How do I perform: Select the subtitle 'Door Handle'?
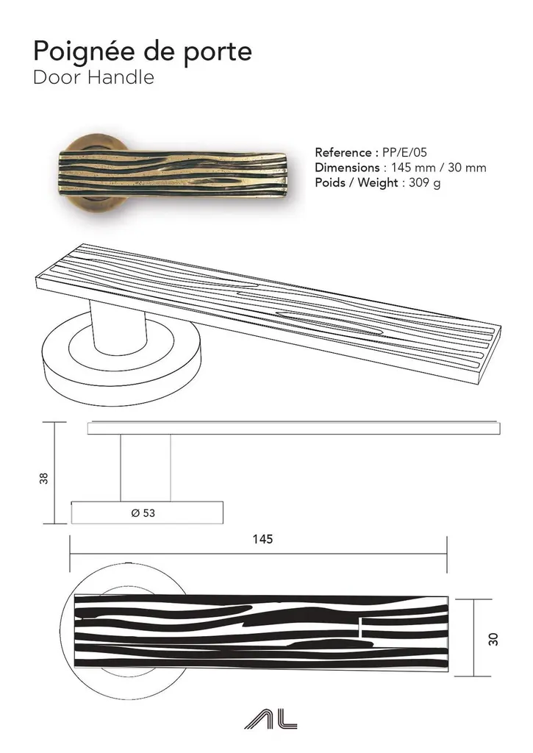93,77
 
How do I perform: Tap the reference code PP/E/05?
404,153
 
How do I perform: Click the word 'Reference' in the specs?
343,153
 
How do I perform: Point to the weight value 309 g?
424,183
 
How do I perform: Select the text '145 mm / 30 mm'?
438,168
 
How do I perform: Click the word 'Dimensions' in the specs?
347,168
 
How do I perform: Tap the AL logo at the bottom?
271,719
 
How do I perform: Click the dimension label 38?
43,478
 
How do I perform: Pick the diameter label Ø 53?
143,513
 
